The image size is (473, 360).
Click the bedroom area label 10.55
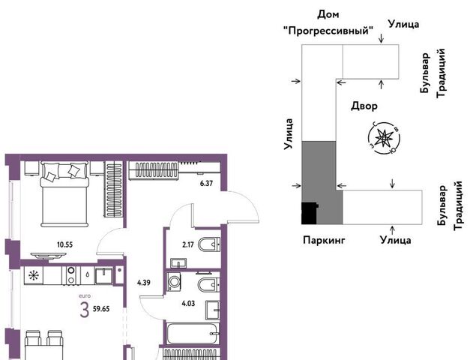(x=65, y=244)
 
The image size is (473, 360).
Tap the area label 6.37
(x=206, y=183)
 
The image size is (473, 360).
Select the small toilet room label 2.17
(x=188, y=244)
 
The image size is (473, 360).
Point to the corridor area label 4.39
(x=144, y=283)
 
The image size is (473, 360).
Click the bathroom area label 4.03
(x=188, y=303)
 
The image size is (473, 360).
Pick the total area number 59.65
(x=101, y=309)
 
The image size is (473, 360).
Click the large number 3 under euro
(x=85, y=310)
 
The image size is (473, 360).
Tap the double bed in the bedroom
(x=65, y=194)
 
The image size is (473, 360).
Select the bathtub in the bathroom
(x=193, y=334)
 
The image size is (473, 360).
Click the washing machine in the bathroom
(x=174, y=282)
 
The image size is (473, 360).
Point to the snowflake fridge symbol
(x=32, y=275)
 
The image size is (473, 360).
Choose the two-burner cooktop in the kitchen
(x=71, y=275)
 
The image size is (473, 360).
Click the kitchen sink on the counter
(x=104, y=275)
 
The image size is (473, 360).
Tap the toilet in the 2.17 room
(x=209, y=244)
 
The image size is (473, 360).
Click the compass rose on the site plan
(x=384, y=138)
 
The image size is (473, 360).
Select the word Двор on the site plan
(x=364, y=106)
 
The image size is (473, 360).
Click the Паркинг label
(x=324, y=240)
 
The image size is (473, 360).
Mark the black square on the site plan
(x=310, y=213)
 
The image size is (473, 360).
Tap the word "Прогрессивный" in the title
(x=328, y=31)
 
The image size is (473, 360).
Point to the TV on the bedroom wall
(x=49, y=256)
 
